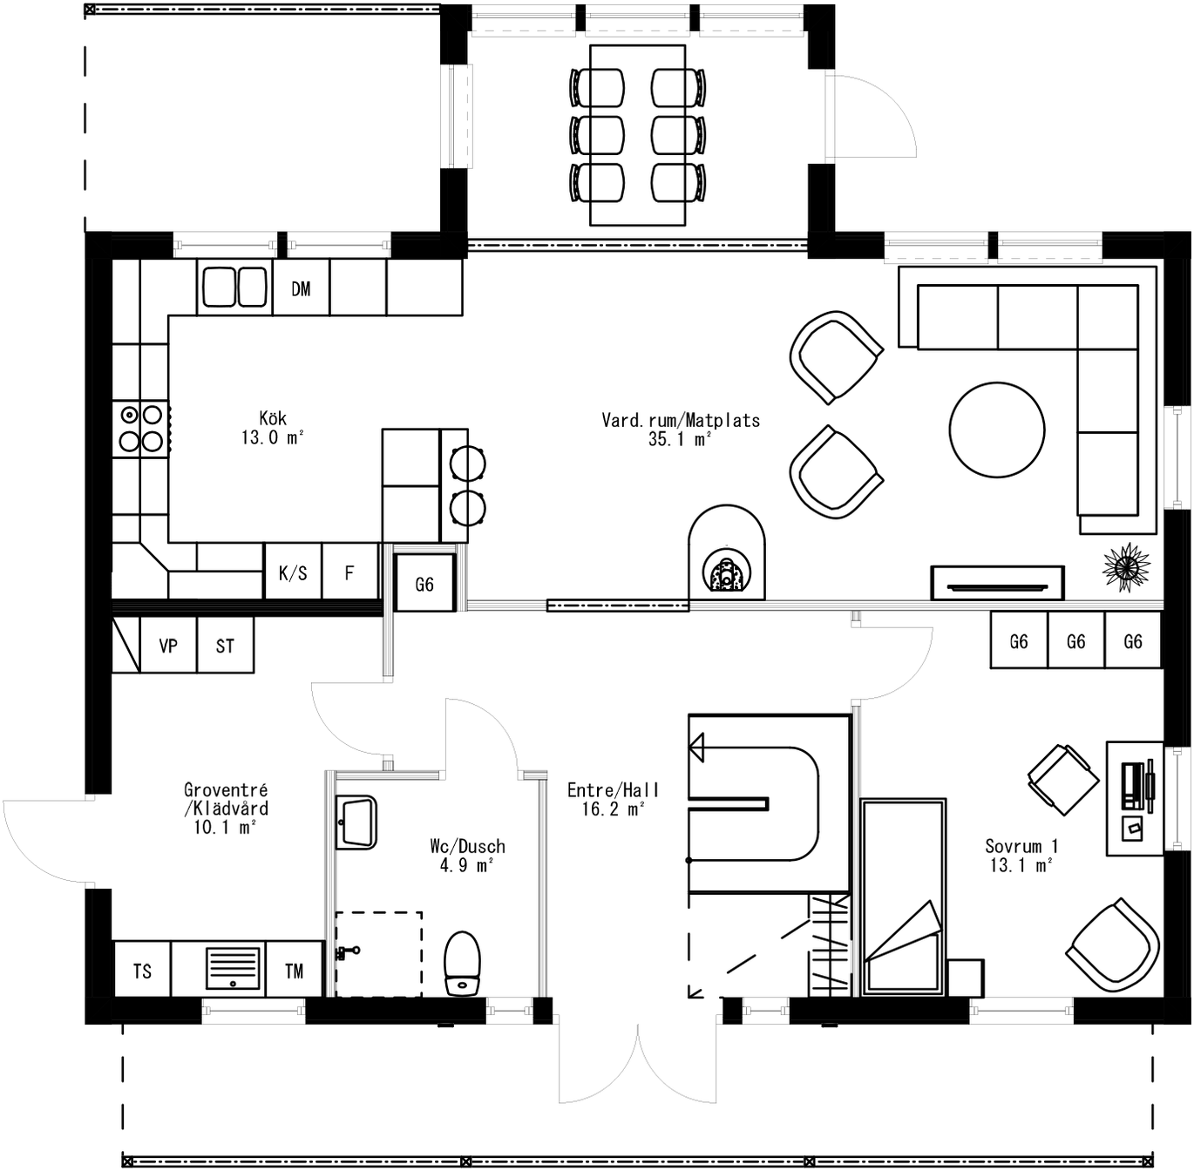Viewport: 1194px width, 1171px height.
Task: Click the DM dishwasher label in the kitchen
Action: coord(301,288)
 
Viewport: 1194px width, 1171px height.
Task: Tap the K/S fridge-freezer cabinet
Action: coord(293,572)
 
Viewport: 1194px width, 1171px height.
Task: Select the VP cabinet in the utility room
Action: coord(168,646)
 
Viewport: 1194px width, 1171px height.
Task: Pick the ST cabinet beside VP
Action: coord(225,646)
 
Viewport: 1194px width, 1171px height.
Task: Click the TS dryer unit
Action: coord(142,971)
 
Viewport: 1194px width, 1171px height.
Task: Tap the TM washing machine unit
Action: coord(294,971)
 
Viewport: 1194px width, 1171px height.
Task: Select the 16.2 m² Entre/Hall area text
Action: coord(613,809)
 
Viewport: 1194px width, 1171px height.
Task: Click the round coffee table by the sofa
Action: coord(996,430)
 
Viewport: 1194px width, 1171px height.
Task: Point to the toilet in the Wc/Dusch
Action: coord(462,964)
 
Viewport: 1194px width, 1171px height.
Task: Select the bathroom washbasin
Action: coord(356,822)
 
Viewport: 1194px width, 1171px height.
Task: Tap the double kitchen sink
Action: coord(234,288)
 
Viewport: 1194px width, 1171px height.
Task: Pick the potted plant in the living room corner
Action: coord(1127,566)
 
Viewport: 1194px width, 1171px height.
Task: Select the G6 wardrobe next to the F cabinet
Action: coord(424,584)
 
